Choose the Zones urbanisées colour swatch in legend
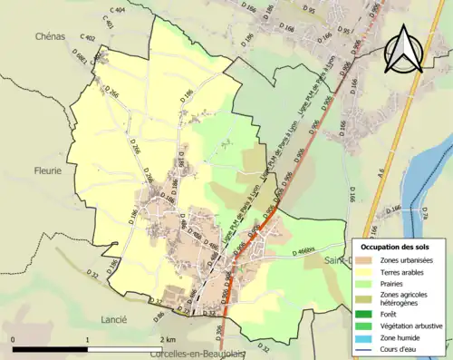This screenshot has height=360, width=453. (365, 260)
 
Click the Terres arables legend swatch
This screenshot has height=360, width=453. (365, 271)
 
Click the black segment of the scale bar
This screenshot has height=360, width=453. (51, 347)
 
